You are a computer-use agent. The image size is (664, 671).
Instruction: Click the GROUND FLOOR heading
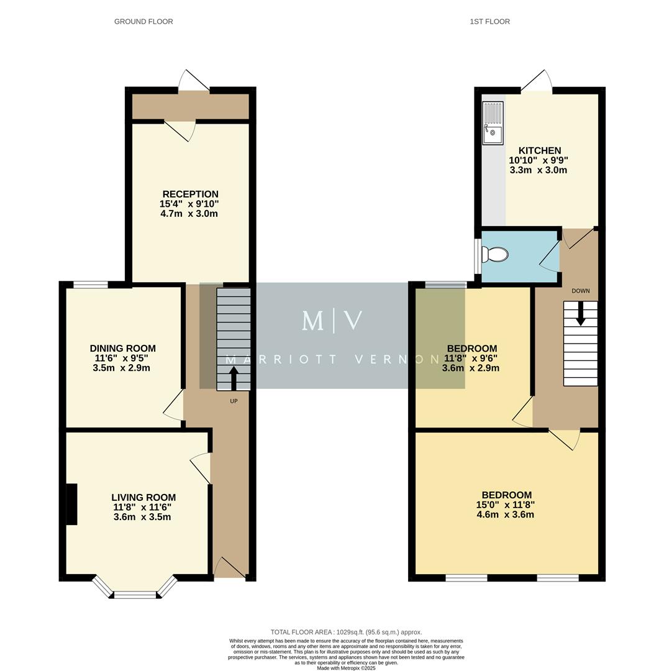pyautogui.click(x=143, y=22)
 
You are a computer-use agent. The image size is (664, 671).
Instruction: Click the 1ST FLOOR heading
pyautogui.click(x=489, y=22)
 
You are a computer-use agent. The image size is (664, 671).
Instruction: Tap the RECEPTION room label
pyautogui.click(x=190, y=194)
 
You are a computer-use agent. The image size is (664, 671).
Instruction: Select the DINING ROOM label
pyautogui.click(x=122, y=349)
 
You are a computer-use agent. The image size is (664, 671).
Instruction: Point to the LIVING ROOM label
pyautogui.click(x=143, y=498)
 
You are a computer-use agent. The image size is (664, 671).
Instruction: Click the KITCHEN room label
pyautogui.click(x=539, y=150)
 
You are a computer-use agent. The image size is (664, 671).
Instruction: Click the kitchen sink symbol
pyautogui.click(x=493, y=123)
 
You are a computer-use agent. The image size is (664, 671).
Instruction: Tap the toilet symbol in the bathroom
pyautogui.click(x=496, y=255)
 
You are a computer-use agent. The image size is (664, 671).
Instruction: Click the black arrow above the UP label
pyautogui.click(x=234, y=378)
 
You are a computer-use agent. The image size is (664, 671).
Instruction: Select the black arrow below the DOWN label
pyautogui.click(x=580, y=313)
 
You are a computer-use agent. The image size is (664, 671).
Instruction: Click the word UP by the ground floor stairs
pyautogui.click(x=234, y=401)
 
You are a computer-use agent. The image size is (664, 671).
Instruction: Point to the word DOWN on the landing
pyautogui.click(x=580, y=291)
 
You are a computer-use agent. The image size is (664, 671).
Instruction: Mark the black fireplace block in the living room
pyautogui.click(x=71, y=504)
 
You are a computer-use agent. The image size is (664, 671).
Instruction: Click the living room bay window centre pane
pyautogui.click(x=135, y=595)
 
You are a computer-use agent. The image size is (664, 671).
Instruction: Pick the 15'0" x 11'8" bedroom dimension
pyautogui.click(x=501, y=505)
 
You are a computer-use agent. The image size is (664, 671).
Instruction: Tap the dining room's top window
pyautogui.click(x=90, y=285)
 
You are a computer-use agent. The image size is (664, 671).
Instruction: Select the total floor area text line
pyautogui.click(x=346, y=632)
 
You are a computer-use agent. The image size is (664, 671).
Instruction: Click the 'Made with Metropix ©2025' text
pyautogui.click(x=346, y=668)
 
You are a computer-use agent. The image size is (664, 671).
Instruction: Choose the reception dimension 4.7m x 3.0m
pyautogui.click(x=189, y=214)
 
